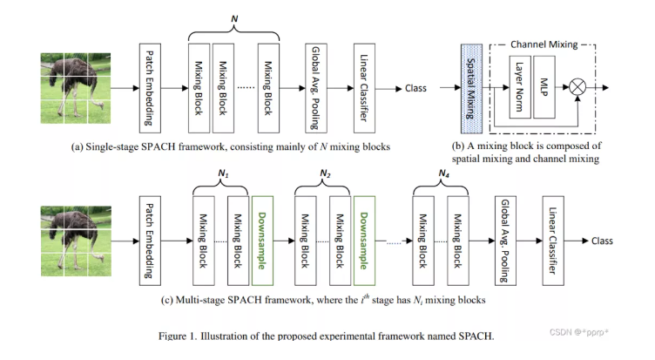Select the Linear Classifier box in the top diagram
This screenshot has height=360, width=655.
(365, 88)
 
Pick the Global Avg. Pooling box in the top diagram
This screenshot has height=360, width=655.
(317, 88)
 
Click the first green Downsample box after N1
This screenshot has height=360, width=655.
(261, 238)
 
